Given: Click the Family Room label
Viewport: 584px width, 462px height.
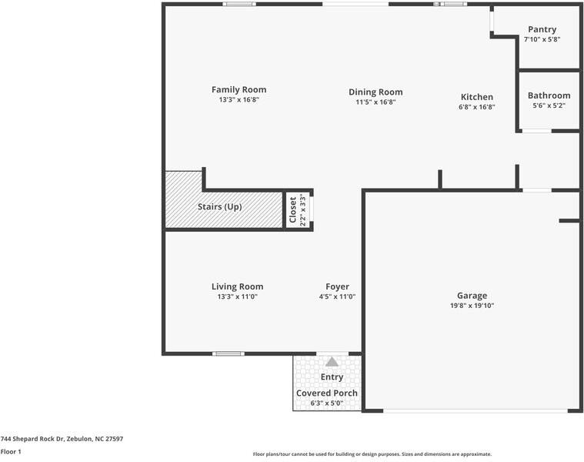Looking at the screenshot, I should tap(239, 89).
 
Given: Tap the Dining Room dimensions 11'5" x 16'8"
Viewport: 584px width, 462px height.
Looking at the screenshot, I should tap(375, 102).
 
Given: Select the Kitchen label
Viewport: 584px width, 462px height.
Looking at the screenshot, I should tap(477, 96).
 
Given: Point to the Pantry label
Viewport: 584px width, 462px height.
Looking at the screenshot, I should tap(542, 29).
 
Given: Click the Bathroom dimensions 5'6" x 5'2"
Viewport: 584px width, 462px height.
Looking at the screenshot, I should tap(549, 106).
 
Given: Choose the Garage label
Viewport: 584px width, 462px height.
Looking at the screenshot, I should tap(472, 295).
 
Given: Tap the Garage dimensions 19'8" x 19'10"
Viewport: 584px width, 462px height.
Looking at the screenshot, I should tap(472, 306).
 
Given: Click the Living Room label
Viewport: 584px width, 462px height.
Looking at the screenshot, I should tap(237, 286).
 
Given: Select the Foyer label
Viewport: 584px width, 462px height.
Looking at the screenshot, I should tap(337, 286).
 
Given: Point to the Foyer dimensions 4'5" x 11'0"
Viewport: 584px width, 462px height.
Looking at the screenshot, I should tap(337, 296).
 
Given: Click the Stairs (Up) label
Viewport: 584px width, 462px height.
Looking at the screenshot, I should tap(220, 206).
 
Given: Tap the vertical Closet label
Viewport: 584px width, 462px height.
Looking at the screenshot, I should tap(293, 209).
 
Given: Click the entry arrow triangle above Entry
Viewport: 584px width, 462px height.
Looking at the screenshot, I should tap(332, 361).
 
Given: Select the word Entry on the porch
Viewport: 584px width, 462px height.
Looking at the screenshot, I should tap(332, 377).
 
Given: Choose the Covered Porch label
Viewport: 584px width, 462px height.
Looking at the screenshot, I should tap(327, 393).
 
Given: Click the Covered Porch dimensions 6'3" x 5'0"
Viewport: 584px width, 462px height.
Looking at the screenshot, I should tap(327, 403).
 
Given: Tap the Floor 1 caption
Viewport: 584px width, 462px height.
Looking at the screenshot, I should tap(11, 452).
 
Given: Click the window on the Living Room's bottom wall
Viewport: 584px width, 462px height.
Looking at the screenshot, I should tap(229, 353).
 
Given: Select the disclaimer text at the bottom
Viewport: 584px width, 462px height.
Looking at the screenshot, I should tap(372, 454).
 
